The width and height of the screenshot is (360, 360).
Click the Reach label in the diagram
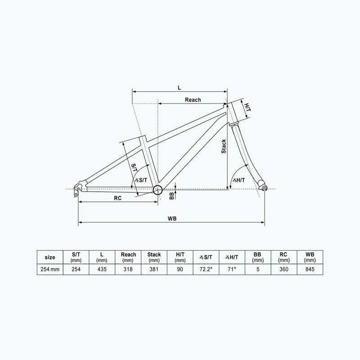pos(193,99)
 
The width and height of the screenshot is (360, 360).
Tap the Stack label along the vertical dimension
pos(224,146)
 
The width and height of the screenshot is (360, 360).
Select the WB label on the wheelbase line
pos(171,218)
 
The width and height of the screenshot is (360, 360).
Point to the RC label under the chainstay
pos(117,198)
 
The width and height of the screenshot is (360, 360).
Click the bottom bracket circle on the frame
pos(157,190)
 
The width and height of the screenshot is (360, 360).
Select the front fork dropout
pos(264,187)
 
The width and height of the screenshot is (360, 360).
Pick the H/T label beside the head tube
pos(247,107)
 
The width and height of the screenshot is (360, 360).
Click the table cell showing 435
pos(102,270)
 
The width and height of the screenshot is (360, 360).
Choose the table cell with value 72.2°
pos(206,270)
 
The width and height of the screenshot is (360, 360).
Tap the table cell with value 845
pos(309,270)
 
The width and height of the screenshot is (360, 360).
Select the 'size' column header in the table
pos(50,257)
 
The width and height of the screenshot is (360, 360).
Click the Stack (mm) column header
pos(154,257)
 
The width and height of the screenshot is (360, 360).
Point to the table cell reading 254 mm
pos(50,270)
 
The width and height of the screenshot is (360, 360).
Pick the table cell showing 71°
pos(231,270)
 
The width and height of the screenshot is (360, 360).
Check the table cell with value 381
pos(154,270)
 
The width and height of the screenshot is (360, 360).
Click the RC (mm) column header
pos(283,257)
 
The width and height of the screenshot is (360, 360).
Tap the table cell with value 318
pos(128,270)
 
